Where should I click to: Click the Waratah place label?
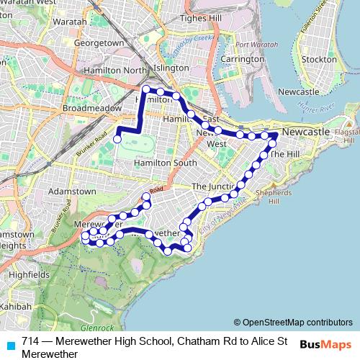[74, 22]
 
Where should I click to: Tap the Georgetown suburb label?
[99, 43]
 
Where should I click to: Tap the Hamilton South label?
[165, 163]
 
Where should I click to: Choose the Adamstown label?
[72, 192]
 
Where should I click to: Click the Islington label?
[171, 67]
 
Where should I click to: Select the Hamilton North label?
[114, 70]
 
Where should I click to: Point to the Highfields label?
[30, 274]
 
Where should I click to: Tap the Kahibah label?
[14, 307]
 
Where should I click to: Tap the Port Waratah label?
[256, 45]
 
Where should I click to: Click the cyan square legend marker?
[10, 344]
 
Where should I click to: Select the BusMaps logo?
[325, 343]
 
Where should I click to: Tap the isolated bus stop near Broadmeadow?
[117, 140]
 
